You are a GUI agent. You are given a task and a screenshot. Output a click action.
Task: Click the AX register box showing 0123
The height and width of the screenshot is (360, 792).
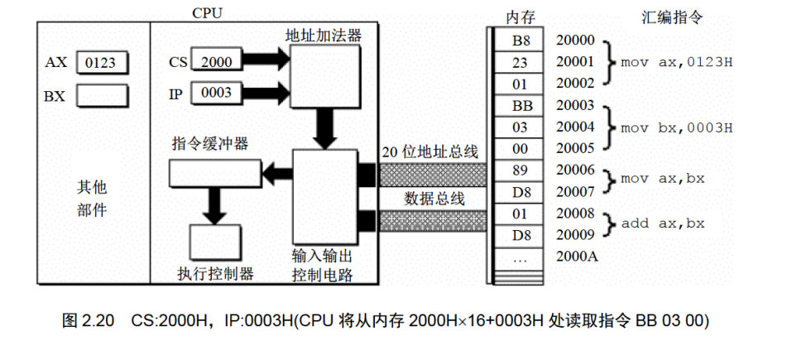(x=102, y=63)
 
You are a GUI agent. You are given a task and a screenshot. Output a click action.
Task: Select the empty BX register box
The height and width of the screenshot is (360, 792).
(x=102, y=96)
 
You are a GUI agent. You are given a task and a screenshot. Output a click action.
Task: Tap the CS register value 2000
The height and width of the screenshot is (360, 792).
(x=217, y=60)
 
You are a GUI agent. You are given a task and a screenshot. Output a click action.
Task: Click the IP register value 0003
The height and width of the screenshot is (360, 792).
(x=217, y=94)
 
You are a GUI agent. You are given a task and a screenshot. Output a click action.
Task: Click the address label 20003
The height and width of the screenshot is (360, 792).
(x=576, y=106)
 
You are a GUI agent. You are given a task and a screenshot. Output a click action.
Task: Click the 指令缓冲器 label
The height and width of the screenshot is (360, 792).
(x=210, y=144)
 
